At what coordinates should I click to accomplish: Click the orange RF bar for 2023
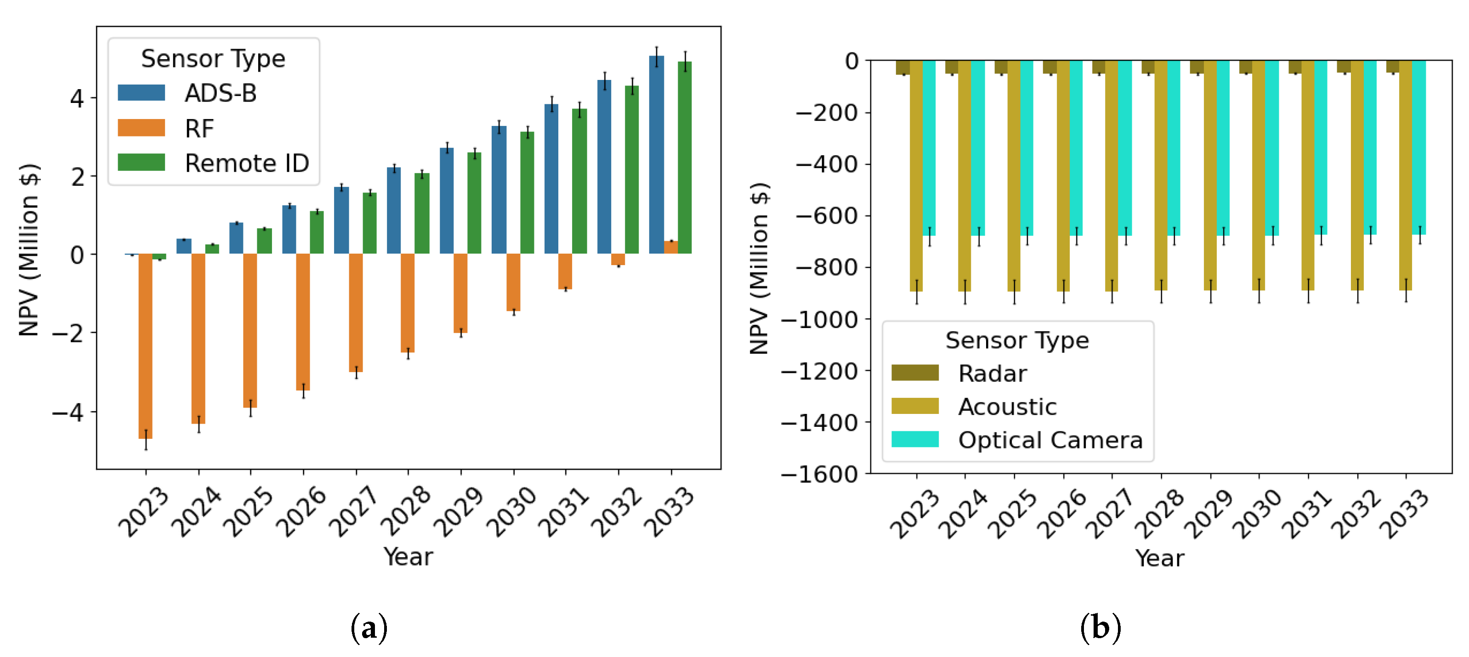click(x=145, y=345)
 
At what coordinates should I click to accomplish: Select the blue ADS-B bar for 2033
click(x=656, y=154)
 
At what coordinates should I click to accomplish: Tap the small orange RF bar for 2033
click(x=671, y=247)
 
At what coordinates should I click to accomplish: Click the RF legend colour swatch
click(x=141, y=128)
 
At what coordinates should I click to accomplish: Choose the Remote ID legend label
click(x=246, y=164)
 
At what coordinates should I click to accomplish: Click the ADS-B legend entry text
click(x=221, y=94)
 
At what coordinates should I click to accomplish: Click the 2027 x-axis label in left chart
click(x=353, y=511)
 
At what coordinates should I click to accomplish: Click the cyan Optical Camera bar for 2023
click(x=928, y=148)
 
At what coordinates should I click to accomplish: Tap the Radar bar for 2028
click(x=1148, y=67)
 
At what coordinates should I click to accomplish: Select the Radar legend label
click(x=992, y=374)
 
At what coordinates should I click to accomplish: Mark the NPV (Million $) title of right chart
click(x=759, y=268)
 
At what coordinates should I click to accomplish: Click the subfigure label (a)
click(x=369, y=628)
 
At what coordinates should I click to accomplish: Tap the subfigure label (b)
click(x=1100, y=628)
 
